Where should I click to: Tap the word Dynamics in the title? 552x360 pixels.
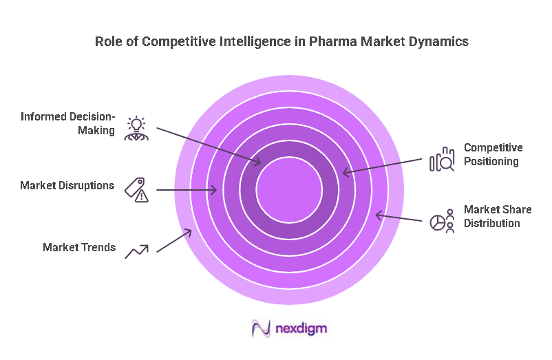438,42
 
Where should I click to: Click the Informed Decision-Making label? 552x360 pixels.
67,123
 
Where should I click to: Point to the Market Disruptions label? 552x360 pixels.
67,185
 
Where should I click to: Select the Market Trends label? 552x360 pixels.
79,247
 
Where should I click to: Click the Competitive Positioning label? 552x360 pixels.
493,154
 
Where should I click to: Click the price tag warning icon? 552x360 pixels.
136,189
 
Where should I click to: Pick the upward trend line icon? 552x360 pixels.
136,251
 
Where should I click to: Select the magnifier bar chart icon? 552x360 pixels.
442,159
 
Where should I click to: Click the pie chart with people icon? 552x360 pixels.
442,221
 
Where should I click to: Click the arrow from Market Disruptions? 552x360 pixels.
187,189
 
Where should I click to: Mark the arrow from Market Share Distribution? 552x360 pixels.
398,218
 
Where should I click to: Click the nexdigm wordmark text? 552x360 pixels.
301,328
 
